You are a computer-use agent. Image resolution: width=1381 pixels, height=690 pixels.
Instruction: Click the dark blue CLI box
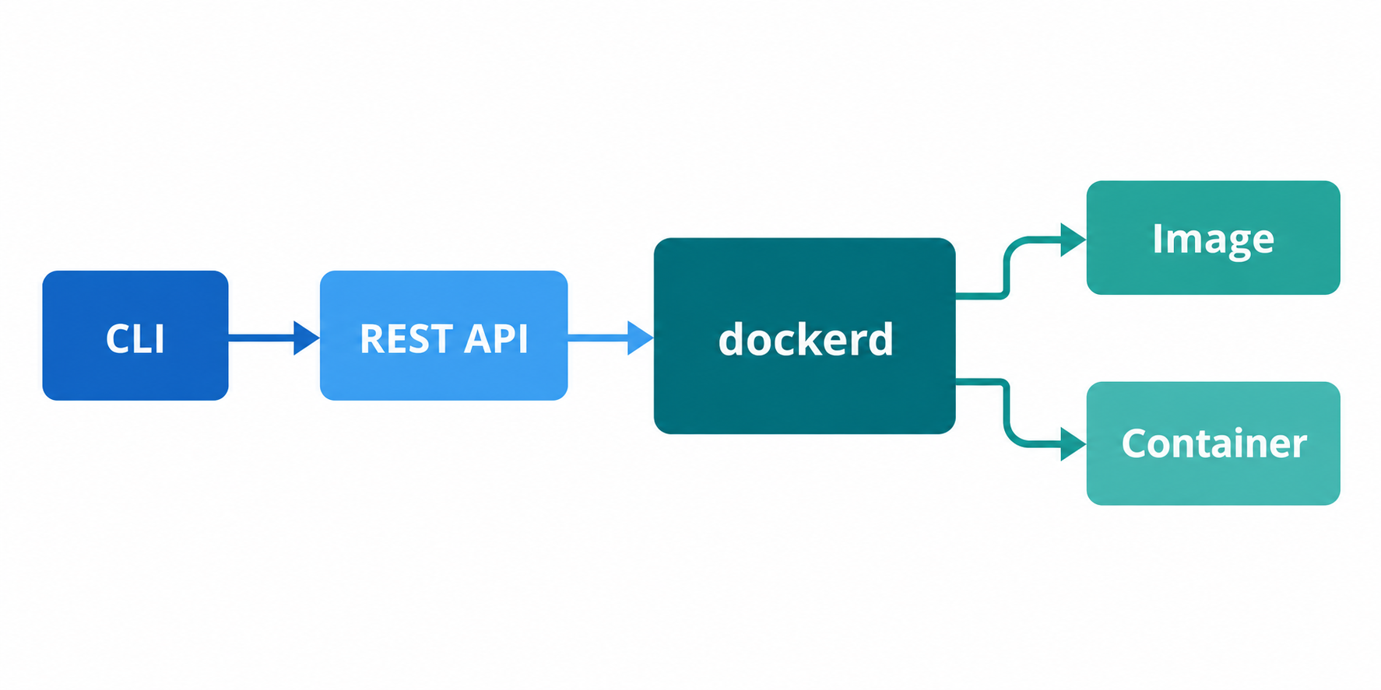(x=135, y=335)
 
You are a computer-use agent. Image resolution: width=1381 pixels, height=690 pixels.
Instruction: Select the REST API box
(x=444, y=335)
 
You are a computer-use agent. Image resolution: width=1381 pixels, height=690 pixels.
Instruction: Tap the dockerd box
(x=804, y=336)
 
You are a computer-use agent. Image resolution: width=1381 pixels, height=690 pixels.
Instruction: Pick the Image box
(x=1213, y=238)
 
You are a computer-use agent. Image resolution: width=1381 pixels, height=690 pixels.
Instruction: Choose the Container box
(x=1213, y=443)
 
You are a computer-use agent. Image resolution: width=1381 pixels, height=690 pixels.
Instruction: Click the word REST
(x=406, y=339)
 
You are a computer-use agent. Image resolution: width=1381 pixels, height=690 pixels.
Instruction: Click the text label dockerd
(x=806, y=339)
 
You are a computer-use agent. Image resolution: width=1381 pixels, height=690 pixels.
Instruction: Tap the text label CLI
(x=135, y=339)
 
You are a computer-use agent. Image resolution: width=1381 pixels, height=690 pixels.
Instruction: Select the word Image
(x=1213, y=240)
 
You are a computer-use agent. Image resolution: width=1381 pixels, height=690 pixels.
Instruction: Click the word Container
(x=1214, y=443)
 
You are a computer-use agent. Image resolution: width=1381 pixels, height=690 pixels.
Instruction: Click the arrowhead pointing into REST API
(x=307, y=338)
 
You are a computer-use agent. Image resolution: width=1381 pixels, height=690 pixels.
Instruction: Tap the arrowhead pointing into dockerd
(x=641, y=338)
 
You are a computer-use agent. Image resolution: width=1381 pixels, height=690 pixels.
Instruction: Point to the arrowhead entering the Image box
(x=1074, y=240)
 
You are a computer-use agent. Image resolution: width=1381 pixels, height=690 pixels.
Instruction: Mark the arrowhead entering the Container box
(x=1074, y=444)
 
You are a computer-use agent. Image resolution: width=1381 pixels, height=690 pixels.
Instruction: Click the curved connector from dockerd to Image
(x=1007, y=268)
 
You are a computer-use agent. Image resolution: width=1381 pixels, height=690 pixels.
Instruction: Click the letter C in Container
(x=1136, y=443)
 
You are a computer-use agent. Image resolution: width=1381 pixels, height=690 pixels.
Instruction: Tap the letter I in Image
(x=1157, y=238)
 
